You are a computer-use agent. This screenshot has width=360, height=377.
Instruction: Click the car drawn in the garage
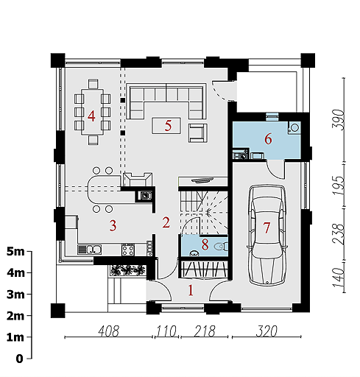click(267, 236)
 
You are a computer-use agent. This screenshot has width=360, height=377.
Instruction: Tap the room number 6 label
click(268, 139)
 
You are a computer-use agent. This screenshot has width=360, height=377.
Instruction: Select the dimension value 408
click(108, 331)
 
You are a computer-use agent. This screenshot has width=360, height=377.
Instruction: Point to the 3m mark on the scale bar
click(29, 294)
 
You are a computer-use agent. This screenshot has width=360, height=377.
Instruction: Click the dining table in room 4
click(92, 112)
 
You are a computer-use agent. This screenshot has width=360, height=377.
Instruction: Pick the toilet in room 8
click(222, 246)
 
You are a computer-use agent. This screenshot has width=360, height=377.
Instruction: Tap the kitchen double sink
click(90, 250)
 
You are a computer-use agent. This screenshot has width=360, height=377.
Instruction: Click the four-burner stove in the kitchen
click(128, 250)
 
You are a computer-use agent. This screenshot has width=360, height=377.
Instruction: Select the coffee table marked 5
click(166, 126)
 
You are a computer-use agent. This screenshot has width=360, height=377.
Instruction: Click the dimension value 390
click(338, 119)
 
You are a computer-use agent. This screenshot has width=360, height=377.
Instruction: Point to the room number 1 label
click(191, 290)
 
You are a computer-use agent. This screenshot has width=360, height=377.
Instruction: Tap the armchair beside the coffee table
click(198, 133)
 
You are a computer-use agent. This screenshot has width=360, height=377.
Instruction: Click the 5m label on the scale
click(15, 252)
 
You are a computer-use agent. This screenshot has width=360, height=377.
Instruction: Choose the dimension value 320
click(267, 331)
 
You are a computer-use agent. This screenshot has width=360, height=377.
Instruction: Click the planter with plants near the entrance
click(127, 270)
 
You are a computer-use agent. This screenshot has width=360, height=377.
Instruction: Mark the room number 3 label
click(113, 225)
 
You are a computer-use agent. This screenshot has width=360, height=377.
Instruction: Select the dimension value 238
click(338, 234)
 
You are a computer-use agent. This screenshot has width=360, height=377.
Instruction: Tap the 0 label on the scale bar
click(19, 359)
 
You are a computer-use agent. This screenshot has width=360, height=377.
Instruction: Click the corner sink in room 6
click(294, 127)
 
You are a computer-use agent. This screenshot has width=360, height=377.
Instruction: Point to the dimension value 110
click(166, 331)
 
